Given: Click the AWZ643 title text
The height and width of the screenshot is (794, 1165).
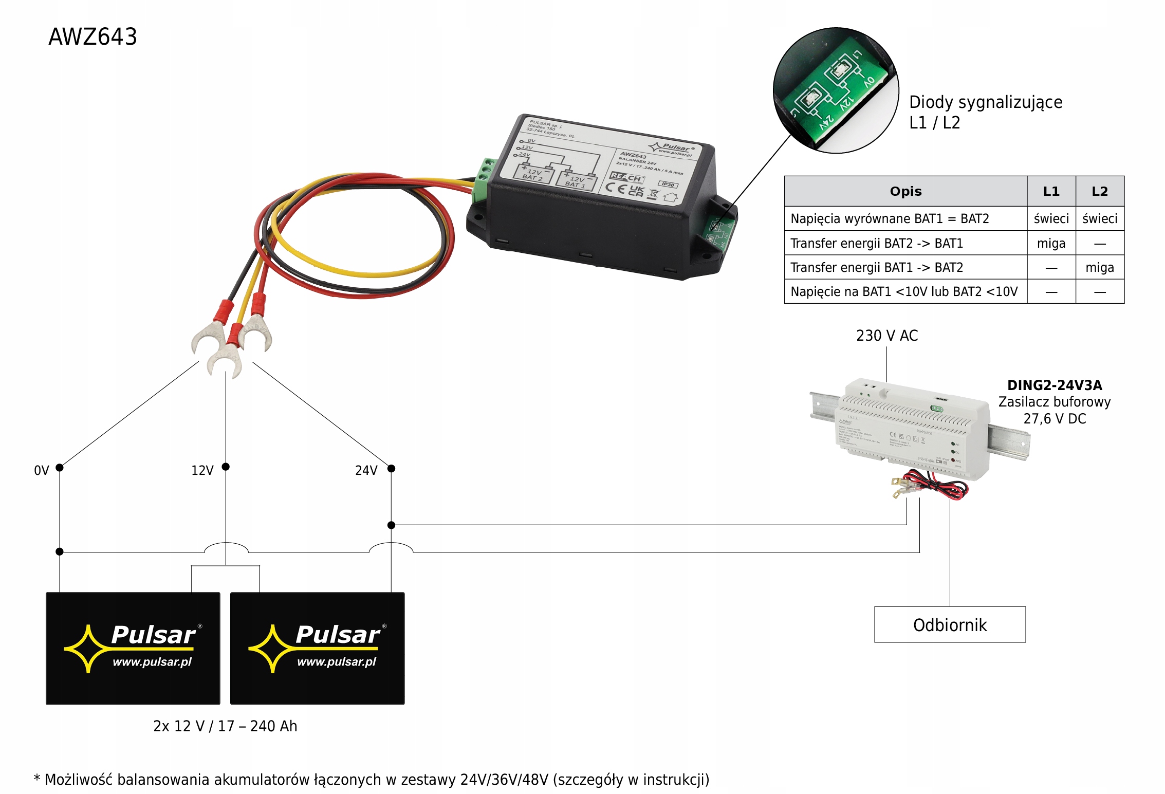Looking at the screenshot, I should point(93,37).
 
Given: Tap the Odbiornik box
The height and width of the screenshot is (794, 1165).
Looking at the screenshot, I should point(949,624).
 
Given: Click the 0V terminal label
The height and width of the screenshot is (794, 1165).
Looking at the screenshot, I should point(41,470).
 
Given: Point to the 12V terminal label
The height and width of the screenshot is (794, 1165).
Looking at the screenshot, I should point(202,470).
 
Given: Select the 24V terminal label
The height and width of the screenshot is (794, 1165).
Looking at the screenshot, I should point(366,470).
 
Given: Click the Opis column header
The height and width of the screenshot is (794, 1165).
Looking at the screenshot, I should point(905,191).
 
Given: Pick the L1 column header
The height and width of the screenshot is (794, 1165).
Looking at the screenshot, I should point(1051,191).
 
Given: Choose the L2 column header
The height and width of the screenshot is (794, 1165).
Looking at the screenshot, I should point(1099,191).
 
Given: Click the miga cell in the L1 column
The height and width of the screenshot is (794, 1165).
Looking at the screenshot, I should point(1051,243).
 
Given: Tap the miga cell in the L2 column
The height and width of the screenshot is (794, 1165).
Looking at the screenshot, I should point(1099,267).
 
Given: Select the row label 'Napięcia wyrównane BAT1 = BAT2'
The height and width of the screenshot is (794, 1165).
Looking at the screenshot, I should point(889,218).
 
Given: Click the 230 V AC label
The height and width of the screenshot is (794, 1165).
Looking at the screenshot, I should point(886,336).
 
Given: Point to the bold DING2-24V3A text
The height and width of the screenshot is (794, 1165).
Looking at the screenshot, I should point(1054,385).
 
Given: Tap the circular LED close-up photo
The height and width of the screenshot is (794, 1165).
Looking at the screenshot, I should point(836,90).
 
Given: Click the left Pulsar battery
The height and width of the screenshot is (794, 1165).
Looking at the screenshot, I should point(133,648).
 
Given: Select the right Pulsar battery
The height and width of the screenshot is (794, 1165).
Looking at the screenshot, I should point(317,648).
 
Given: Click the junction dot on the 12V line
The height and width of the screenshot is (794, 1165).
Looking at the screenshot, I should point(226,467).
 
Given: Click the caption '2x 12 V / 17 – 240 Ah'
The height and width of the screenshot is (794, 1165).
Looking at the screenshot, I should point(225,726).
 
